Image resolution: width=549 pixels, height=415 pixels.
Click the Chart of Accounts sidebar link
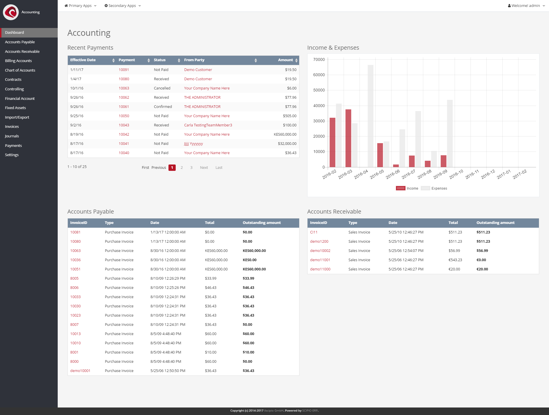[20, 70]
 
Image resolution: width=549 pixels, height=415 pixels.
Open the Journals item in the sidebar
[12, 136]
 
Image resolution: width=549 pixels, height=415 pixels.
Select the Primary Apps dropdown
[80, 6]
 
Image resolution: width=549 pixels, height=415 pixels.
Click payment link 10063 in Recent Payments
[124, 88]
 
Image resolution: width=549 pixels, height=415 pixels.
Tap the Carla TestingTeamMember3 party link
[208, 125]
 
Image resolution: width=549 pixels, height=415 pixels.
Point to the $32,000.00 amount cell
[287, 144]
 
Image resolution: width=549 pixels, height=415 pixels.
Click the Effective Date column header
[83, 60]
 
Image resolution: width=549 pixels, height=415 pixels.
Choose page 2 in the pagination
[182, 168]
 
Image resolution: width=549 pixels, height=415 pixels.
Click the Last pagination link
[219, 168]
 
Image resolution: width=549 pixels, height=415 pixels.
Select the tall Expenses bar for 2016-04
[370, 115]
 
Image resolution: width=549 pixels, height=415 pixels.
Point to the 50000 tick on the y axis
[319, 90]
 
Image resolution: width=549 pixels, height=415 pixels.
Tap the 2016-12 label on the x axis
[488, 174]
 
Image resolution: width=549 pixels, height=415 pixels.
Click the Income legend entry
[407, 188]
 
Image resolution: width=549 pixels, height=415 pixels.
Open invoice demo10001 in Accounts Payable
[80, 371]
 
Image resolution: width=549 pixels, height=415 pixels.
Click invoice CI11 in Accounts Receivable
[314, 232]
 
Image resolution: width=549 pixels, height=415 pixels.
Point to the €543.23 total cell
[455, 260]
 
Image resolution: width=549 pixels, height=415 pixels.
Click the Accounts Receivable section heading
[334, 212]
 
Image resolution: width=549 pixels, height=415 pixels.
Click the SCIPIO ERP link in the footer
[310, 411]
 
